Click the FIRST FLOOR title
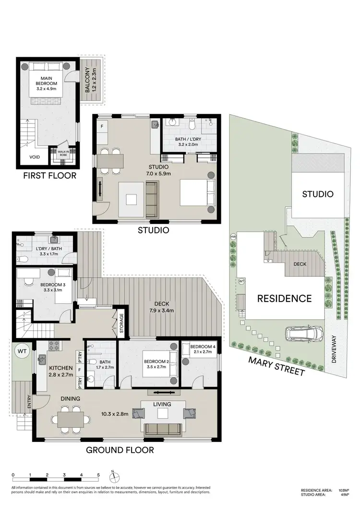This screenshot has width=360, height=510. click(x=50, y=175)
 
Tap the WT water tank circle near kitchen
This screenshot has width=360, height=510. click(x=22, y=352)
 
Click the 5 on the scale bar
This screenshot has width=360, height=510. click(x=98, y=475)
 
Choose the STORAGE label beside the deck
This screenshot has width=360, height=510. click(x=121, y=324)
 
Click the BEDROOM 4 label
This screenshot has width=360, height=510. click(x=201, y=349)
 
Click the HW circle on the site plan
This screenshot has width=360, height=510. click(x=234, y=237)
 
